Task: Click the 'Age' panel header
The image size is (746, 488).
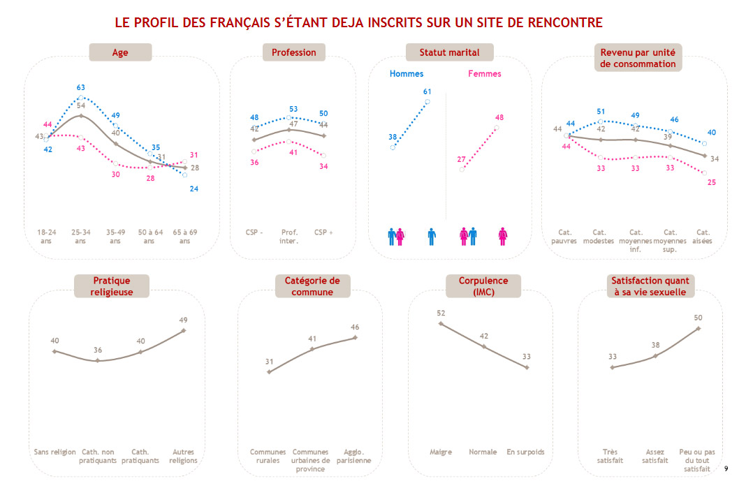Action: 119,52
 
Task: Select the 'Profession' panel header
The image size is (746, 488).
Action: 293,52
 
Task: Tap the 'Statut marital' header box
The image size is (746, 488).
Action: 449,52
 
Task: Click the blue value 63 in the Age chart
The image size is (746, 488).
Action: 81,88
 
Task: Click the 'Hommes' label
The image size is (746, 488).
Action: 407,73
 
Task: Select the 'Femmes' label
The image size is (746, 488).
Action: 485,73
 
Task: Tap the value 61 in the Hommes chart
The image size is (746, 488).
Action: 427,91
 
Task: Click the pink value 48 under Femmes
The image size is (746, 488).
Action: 499,117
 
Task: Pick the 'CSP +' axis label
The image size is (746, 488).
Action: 323,232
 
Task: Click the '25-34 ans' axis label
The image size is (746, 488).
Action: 80,236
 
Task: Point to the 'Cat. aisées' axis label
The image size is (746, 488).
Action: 703,236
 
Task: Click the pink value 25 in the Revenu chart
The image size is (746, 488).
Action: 711,182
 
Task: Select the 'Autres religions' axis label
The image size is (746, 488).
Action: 183,456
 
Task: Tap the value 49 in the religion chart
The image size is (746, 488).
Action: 183,320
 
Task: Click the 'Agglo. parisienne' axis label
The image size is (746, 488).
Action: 354,456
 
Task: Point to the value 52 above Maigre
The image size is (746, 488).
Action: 440,313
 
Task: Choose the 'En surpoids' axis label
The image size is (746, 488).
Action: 525,452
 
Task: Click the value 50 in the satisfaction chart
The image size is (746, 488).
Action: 698,318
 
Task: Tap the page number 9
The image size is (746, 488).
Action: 726,468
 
